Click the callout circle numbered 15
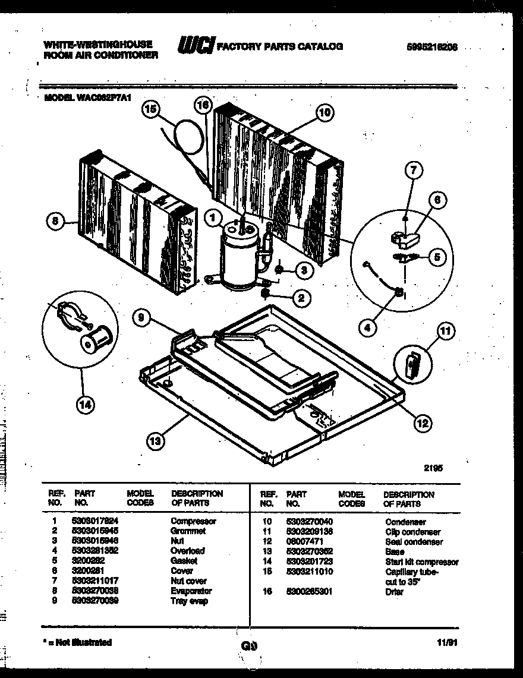[x=152, y=110]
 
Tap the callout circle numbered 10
[x=324, y=112]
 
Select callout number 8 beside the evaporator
[x=55, y=221]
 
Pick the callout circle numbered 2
[x=301, y=298]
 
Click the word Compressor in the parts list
[x=193, y=521]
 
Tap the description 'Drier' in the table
[x=394, y=592]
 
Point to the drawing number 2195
[x=433, y=468]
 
